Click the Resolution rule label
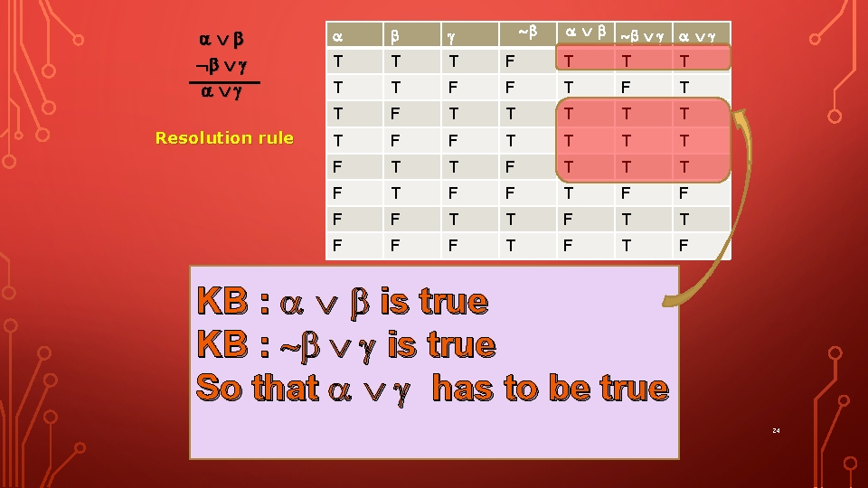(224, 138)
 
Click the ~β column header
(527, 33)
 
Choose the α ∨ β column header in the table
(585, 33)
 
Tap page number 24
(776, 430)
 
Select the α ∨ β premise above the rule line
(222, 40)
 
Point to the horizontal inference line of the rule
(224, 82)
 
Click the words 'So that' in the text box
(257, 388)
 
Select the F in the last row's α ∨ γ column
(684, 246)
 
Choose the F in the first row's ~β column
(511, 61)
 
